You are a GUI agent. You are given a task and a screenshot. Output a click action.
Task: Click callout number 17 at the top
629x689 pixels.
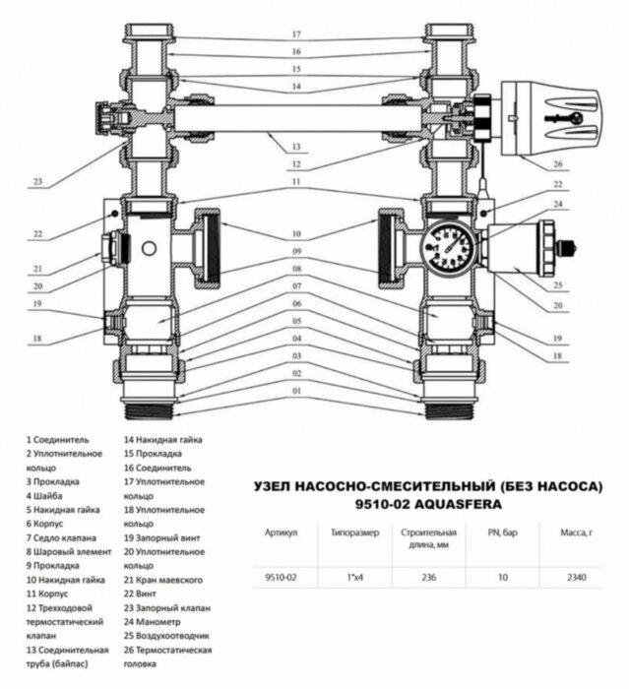295,34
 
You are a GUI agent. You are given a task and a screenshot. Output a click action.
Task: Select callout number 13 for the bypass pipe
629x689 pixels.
295,148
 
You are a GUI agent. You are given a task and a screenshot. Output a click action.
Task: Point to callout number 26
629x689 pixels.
557,164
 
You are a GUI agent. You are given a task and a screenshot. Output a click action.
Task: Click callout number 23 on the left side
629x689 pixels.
38,181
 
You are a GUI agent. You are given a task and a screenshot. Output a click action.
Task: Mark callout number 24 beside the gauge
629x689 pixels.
557,204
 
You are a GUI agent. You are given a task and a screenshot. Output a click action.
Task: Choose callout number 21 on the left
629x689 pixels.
38,268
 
